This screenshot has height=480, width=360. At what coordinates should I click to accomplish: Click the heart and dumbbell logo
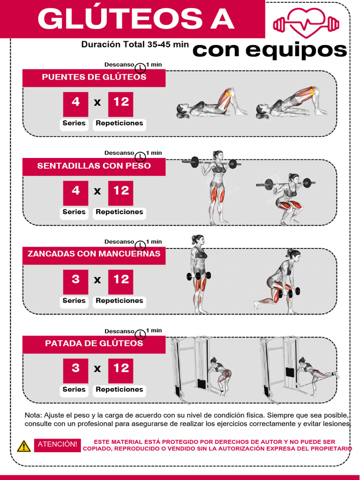point(306,22)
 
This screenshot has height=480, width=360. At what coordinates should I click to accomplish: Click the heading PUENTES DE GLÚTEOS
point(94,77)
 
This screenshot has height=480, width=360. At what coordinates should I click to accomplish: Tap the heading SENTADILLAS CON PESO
point(94,166)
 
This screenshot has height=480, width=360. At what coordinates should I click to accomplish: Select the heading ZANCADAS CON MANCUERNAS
point(94,254)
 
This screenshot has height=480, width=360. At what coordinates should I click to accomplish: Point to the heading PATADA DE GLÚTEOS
point(94,344)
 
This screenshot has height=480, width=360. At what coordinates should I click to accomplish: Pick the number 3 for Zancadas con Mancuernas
point(75,280)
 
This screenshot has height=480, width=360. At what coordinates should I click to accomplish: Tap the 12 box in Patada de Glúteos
point(121,369)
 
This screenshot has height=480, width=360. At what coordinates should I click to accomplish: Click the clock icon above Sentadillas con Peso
point(140,156)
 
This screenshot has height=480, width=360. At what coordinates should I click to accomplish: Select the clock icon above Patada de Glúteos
point(140,334)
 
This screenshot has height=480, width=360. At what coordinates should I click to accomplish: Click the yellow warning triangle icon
point(24,446)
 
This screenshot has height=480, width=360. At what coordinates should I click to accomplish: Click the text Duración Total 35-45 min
point(135,45)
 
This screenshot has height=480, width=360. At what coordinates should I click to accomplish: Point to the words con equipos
point(270,50)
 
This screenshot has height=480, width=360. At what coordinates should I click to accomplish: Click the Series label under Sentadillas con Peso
point(74,212)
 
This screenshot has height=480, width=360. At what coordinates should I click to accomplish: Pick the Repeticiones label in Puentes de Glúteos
point(119,123)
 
